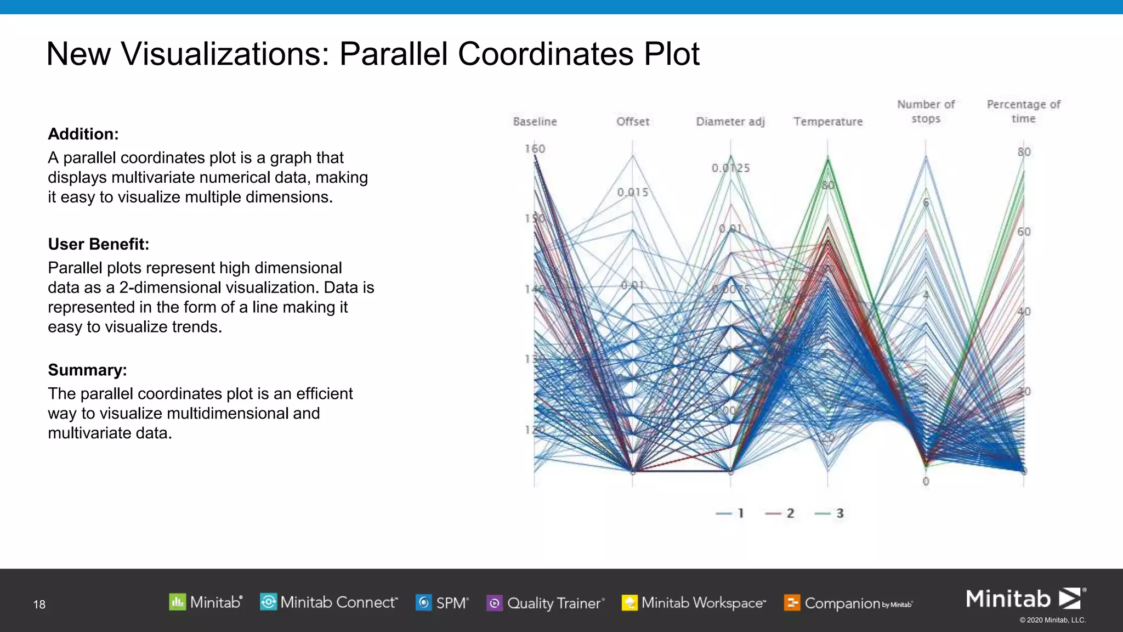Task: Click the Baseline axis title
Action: point(535,121)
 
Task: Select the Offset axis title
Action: point(632,121)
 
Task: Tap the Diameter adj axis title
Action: point(730,121)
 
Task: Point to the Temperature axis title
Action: point(827,121)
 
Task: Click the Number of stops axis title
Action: point(926,111)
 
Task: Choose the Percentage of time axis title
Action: point(1023,111)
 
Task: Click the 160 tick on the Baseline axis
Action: point(535,149)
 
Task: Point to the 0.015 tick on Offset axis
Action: point(632,192)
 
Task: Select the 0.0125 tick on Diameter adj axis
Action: point(730,168)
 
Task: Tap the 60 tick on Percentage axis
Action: point(1024,232)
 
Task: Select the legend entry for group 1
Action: point(730,513)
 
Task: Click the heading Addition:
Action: point(83,134)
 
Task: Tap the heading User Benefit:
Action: point(99,244)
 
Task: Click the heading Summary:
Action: point(87,370)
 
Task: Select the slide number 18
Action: point(39,605)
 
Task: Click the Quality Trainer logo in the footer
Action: point(545,603)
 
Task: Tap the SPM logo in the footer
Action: point(442,603)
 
